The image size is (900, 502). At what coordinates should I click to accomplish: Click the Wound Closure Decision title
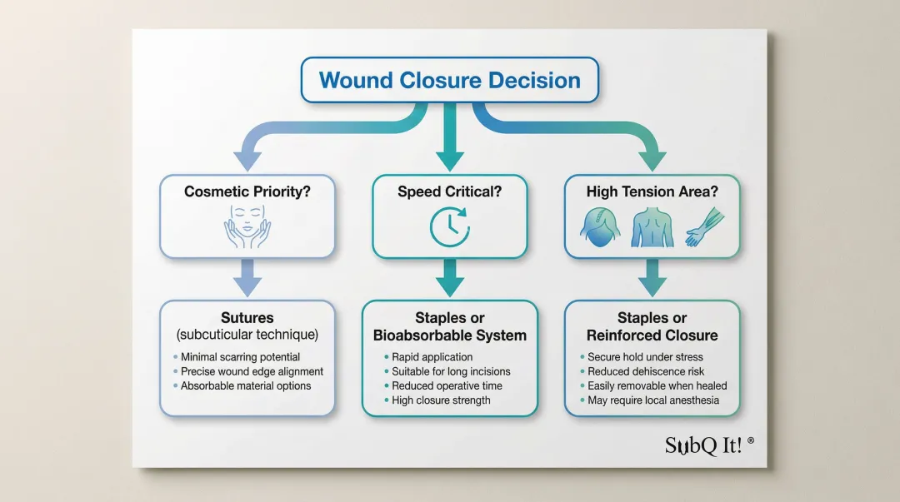(449, 80)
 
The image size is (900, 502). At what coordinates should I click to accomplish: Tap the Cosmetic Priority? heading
(247, 191)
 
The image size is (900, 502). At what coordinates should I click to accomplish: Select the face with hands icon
(247, 226)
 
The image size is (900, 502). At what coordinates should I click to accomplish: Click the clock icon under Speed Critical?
(450, 227)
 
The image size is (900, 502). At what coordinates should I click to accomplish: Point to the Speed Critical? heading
(449, 191)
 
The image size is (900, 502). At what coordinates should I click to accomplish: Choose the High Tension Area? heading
(652, 191)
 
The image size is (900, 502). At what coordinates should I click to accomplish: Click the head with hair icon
(600, 226)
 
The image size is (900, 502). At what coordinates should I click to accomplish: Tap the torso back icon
(652, 227)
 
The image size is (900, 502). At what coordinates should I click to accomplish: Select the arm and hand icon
(705, 227)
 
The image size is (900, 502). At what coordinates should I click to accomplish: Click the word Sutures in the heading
(247, 318)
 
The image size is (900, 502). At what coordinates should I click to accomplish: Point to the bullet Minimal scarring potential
(240, 357)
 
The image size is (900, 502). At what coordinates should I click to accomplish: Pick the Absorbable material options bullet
(246, 386)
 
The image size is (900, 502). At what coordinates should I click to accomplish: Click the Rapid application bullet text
(432, 357)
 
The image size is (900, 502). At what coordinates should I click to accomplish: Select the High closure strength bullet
(441, 400)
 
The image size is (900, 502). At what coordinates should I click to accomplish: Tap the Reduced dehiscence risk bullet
(646, 372)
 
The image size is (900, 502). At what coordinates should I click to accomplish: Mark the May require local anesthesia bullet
(653, 400)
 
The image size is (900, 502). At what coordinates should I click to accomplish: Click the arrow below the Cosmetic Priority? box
(247, 278)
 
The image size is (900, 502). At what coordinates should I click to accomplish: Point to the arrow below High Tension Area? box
(652, 278)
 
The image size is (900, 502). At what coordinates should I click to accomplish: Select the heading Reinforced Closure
(652, 335)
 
